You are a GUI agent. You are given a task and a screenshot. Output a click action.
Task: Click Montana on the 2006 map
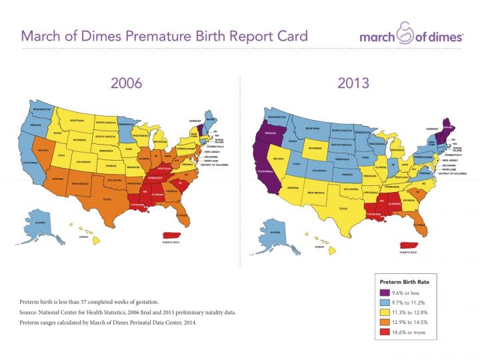pyautogui.click(x=76, y=121)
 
